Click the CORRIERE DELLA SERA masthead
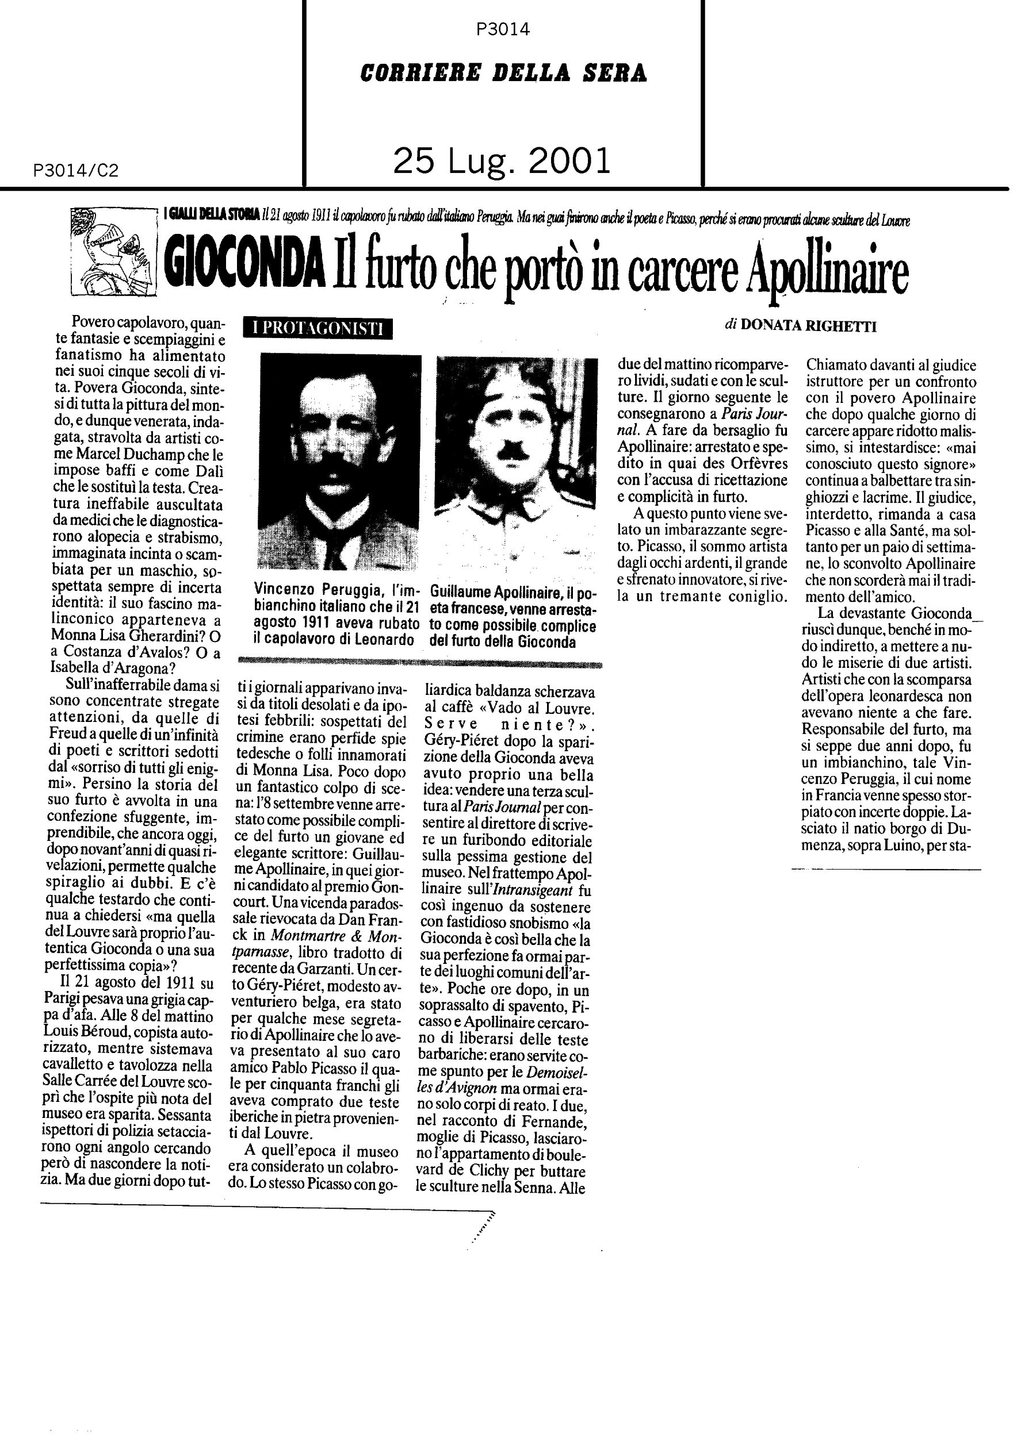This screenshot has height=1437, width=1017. pyautogui.click(x=503, y=74)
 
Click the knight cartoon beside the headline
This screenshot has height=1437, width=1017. pyautogui.click(x=110, y=251)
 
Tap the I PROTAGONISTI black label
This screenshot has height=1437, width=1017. pyautogui.click(x=319, y=328)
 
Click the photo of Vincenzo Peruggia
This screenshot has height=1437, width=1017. pyautogui.click(x=339, y=461)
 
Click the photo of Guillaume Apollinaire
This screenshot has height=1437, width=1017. pyautogui.click(x=516, y=461)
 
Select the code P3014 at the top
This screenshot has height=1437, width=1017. pyautogui.click(x=503, y=29)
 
